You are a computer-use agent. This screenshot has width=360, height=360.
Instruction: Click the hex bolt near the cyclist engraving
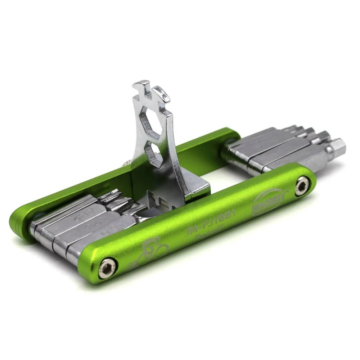coord(108,267)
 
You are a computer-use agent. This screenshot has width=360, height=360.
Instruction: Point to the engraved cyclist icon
coord(151,248)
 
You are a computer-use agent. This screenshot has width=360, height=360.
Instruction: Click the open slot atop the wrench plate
coord(147,94)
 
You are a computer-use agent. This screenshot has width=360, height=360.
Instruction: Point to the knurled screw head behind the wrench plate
coord(127,164)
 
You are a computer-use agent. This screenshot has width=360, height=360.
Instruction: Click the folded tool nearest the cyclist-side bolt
coord(86,248)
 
